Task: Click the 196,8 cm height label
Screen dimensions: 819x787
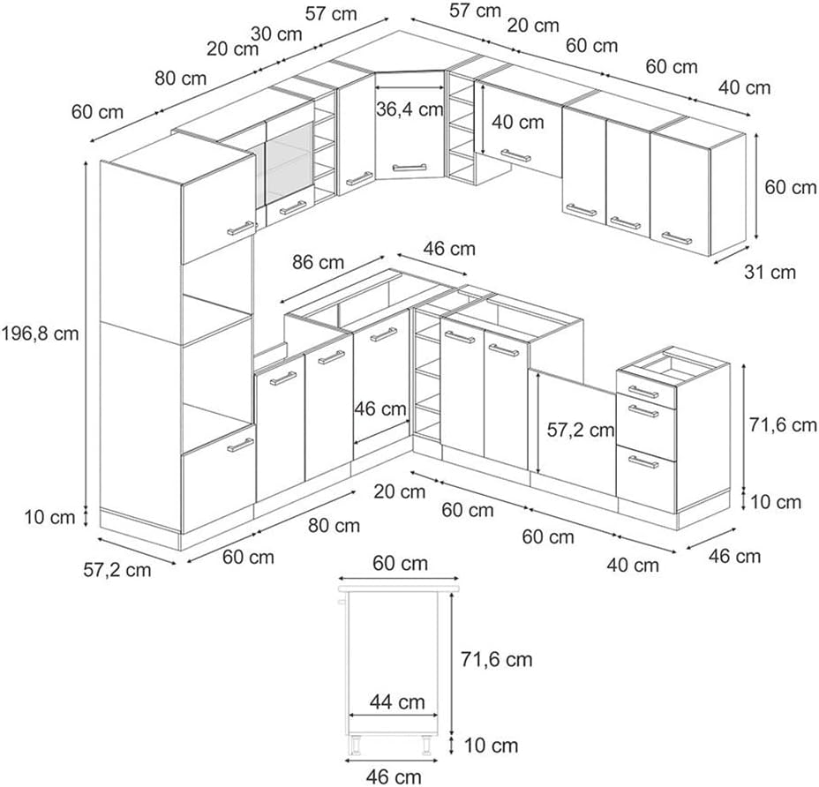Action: point(41,333)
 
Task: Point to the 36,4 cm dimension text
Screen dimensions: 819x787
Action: point(409,109)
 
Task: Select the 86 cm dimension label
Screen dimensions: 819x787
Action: point(318,262)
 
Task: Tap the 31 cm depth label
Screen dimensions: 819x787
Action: point(770,272)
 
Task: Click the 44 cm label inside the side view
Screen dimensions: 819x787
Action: point(397,702)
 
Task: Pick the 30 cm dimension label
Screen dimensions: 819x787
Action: point(276,34)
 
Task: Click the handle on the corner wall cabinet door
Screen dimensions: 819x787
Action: point(409,168)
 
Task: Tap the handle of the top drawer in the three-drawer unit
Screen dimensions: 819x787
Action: point(643,392)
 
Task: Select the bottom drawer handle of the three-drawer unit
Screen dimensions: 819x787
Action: point(643,462)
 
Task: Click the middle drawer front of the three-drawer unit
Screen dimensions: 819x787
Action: point(646,426)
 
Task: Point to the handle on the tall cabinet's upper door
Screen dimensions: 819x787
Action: point(241,228)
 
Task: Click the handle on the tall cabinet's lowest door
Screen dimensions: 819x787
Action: point(240,445)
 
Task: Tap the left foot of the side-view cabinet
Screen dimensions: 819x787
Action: point(356,746)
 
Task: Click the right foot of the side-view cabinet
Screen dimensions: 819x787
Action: point(426,746)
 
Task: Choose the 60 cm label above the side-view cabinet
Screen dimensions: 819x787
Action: point(400,564)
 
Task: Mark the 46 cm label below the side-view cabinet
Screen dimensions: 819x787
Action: point(394,776)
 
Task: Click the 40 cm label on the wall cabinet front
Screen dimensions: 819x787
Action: point(518,123)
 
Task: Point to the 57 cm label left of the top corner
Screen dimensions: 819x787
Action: point(331,13)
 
